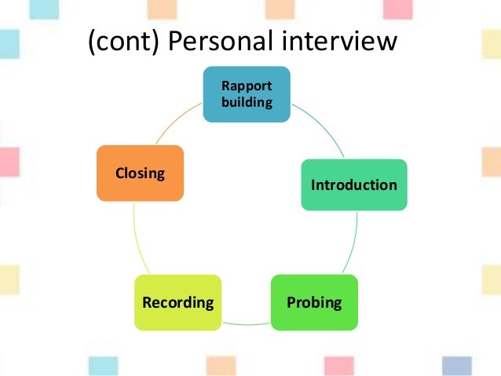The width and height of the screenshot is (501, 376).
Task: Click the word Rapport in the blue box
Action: click(247, 86)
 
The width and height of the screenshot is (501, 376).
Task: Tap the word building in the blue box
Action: click(247, 102)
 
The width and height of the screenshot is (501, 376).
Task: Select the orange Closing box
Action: click(140, 173)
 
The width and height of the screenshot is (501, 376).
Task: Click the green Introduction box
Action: click(354, 184)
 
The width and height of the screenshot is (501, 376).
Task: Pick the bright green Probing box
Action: click(313, 301)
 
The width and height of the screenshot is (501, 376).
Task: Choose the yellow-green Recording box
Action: click(177, 301)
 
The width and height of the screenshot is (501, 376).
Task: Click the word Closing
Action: click(140, 173)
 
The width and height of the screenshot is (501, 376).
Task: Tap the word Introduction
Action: click(354, 185)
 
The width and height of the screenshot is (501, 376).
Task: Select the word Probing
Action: click(314, 301)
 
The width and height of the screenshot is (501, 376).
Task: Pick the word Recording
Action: click(177, 301)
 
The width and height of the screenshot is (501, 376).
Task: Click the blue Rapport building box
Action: click(247, 94)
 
